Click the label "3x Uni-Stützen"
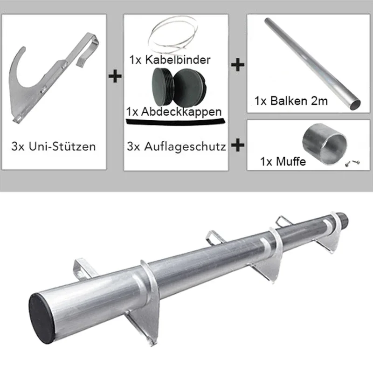[x=54, y=146]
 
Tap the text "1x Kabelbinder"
[x=170, y=60]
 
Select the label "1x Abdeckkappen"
[x=174, y=111]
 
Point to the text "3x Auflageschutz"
[x=176, y=146]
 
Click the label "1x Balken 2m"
[x=291, y=101]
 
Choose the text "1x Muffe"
[x=283, y=161]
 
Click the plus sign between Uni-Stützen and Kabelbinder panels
[x=115, y=76]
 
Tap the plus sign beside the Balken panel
[x=238, y=65]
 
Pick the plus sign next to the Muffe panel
[x=238, y=145]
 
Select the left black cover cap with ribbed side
[x=162, y=87]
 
